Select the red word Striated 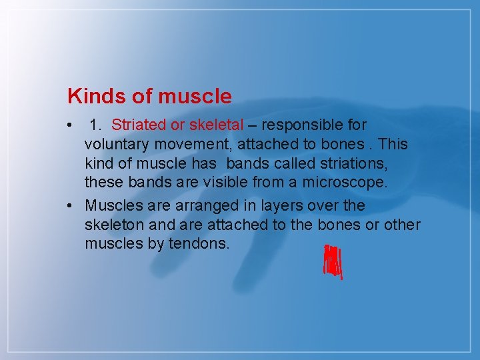point(139,125)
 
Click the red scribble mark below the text point(332,262)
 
